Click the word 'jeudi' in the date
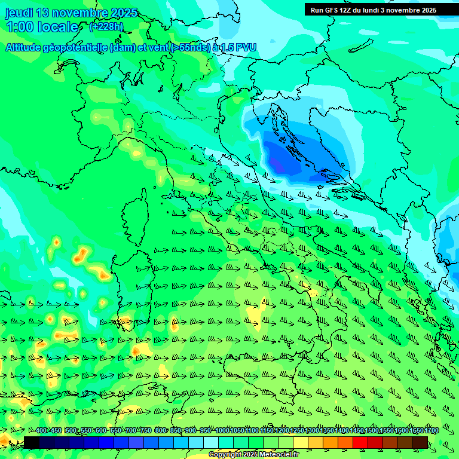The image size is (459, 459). [x=19, y=13]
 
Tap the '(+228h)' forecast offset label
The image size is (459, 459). [x=106, y=27]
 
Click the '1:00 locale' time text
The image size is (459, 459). [x=42, y=27]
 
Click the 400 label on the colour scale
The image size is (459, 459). [x=42, y=431]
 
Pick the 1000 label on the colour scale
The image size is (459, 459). [x=222, y=431]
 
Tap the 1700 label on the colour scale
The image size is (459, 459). [x=416, y=431]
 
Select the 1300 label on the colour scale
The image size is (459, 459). [x=312, y=431]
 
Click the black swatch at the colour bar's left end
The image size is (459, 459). [x=31, y=442]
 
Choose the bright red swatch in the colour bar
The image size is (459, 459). [x=360, y=442]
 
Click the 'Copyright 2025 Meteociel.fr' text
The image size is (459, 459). [x=258, y=455]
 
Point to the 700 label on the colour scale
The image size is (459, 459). [x=131, y=431]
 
